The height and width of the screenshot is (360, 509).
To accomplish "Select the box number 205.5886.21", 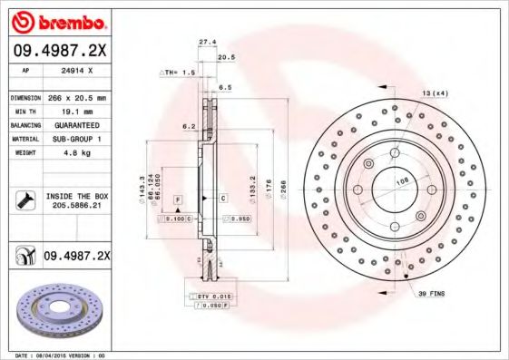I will click(77, 207).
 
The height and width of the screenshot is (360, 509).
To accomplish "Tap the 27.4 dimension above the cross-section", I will click(207, 42).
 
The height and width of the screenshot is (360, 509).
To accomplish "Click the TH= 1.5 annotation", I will click(178, 71).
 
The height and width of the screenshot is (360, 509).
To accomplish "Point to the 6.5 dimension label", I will click(225, 87).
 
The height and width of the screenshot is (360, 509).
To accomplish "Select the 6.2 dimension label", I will click(191, 127).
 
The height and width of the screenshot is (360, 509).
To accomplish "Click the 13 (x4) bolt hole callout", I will click(434, 92).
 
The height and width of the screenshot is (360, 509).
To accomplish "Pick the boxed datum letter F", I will click(178, 198).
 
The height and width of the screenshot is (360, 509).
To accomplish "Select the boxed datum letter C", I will click(222, 198).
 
